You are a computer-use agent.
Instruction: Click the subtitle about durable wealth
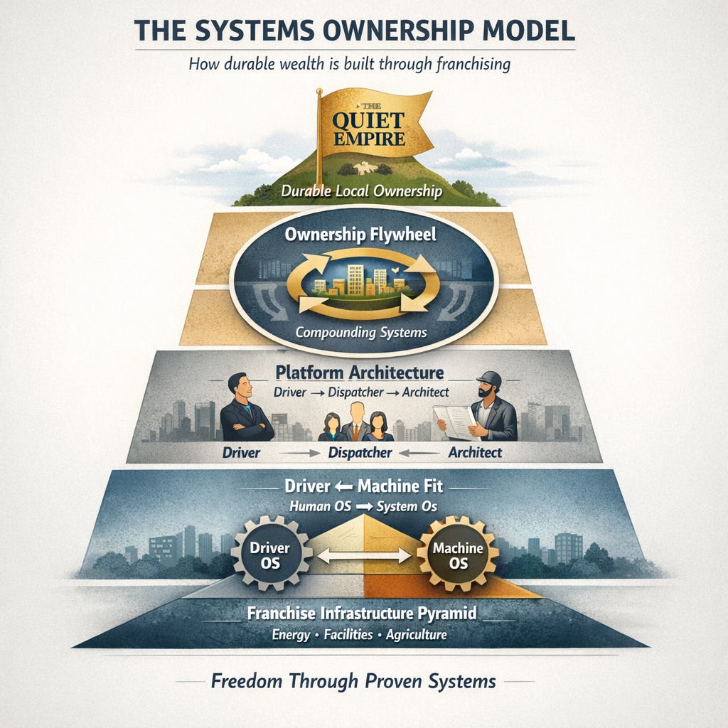point(350,64)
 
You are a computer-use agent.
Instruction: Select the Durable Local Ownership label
point(361,192)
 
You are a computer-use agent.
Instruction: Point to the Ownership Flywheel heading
point(360,235)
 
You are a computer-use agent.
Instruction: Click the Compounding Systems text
point(360,331)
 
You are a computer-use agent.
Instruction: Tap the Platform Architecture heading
point(360,372)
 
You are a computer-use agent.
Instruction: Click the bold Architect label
point(475,452)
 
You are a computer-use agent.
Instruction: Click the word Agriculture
point(415,635)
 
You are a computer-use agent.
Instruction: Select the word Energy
point(291,635)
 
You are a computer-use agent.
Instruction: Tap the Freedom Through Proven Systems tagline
point(353,681)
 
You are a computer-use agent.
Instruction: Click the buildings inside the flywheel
point(359,279)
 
